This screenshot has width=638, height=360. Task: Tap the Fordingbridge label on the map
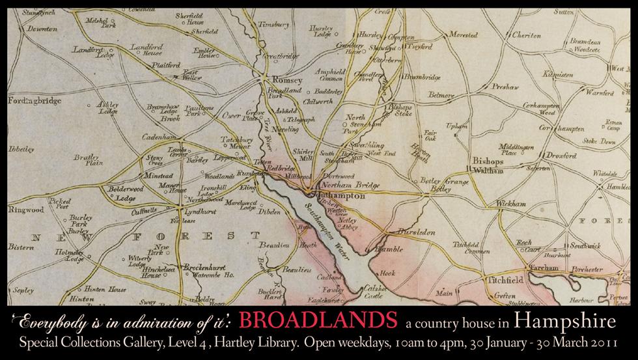tap(34, 101)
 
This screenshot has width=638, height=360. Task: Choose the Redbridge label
tap(284, 168)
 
